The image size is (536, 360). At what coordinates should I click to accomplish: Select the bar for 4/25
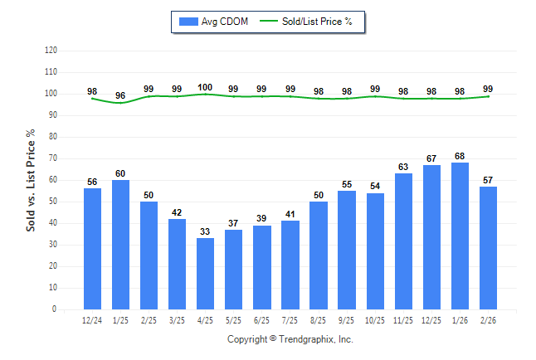click(205, 274)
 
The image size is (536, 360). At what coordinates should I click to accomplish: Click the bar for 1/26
click(460, 236)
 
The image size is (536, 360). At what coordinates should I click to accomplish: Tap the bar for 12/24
click(92, 249)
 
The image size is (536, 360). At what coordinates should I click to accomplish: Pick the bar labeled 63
click(403, 241)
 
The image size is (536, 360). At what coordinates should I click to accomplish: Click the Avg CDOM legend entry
click(214, 22)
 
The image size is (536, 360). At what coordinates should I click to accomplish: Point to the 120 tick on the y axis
click(51, 51)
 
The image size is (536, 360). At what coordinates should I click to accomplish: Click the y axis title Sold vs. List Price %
click(31, 180)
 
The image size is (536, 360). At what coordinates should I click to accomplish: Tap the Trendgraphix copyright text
click(290, 339)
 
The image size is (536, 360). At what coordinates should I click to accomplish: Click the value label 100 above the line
click(205, 87)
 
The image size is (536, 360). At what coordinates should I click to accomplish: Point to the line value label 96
click(120, 96)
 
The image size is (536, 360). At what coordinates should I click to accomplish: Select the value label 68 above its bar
click(460, 156)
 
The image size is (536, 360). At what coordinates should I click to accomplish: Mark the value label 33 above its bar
click(205, 231)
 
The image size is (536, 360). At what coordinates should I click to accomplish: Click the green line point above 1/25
click(120, 103)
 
